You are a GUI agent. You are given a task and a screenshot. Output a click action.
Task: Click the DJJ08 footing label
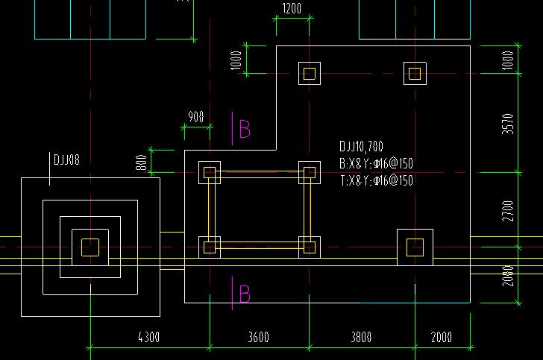pos(66,160)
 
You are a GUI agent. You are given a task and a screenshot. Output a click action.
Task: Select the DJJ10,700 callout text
pos(361,147)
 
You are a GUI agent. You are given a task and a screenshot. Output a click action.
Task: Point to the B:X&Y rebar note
pos(376,163)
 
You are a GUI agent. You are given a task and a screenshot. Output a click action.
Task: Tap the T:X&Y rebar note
pos(376,180)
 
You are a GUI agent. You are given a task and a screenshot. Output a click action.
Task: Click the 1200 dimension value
pos(292,9)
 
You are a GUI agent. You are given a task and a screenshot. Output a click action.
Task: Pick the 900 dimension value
pos(196,117)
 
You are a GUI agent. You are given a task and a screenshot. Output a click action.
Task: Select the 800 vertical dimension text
pos(142,162)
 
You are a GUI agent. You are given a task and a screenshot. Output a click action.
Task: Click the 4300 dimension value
pos(148,338)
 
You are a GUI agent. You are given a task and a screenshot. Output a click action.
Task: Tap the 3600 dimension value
pos(258,338)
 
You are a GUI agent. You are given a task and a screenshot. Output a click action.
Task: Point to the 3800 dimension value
pos(361,338)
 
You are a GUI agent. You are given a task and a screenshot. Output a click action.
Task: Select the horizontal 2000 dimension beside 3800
pos(441,338)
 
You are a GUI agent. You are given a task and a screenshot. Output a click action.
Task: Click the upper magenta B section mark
pos(244,129)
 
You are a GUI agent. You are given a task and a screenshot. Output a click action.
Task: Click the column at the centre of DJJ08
pos(90,247)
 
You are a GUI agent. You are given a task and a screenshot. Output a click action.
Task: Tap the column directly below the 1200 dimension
pos(310,73)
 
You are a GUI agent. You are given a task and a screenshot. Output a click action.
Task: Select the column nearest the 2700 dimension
pos(415,247)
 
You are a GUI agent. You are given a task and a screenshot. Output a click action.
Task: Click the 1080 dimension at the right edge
pos(509,60)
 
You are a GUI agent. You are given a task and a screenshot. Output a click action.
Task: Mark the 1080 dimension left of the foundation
pos(236,60)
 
